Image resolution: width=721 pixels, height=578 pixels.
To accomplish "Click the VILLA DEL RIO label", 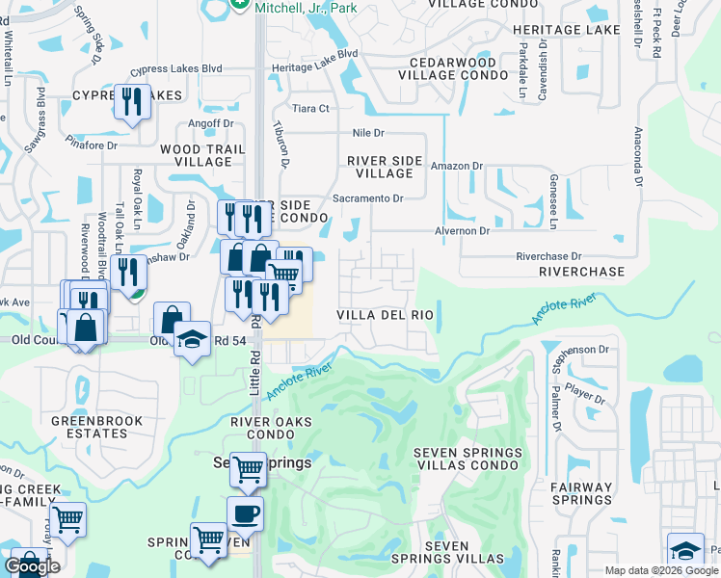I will tap(385, 315).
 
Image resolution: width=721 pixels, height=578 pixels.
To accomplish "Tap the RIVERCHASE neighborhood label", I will tap(581, 273).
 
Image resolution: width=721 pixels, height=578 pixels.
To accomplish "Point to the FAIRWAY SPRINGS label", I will tap(582, 493).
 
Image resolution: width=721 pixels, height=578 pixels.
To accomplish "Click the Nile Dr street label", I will tap(368, 132).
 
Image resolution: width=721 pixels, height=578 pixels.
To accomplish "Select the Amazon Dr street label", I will tap(456, 166).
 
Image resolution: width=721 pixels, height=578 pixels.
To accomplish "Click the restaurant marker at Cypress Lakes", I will tap(131, 100).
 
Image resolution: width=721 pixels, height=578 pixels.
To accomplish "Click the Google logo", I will tap(32, 566).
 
